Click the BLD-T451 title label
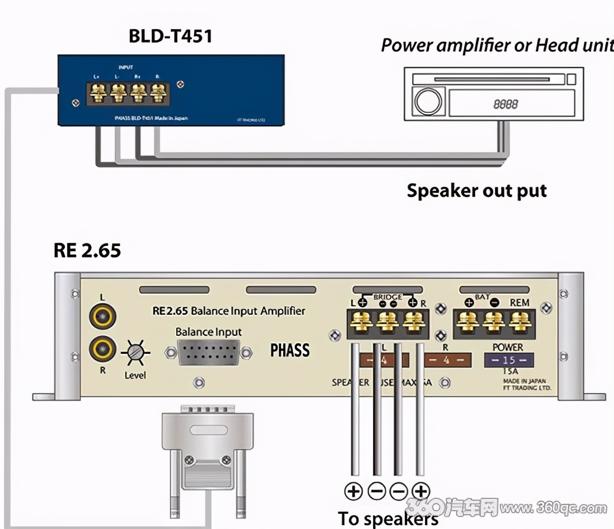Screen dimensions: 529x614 [170, 36]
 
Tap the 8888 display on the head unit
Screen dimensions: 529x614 [505, 104]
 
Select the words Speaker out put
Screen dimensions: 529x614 [476, 190]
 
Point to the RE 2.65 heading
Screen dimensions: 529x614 [87, 250]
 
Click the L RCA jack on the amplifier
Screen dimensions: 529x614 [103, 317]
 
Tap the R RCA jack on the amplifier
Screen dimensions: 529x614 [103, 349]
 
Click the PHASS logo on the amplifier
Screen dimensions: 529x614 [290, 350]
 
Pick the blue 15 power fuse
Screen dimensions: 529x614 [509, 361]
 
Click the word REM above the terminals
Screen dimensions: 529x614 [519, 303]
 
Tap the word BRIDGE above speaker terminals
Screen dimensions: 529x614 [387, 297]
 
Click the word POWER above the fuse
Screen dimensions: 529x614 [508, 348]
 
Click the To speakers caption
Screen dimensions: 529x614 [388, 518]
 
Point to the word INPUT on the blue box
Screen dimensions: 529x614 [125, 67]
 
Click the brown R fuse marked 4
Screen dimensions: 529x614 [447, 360]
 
